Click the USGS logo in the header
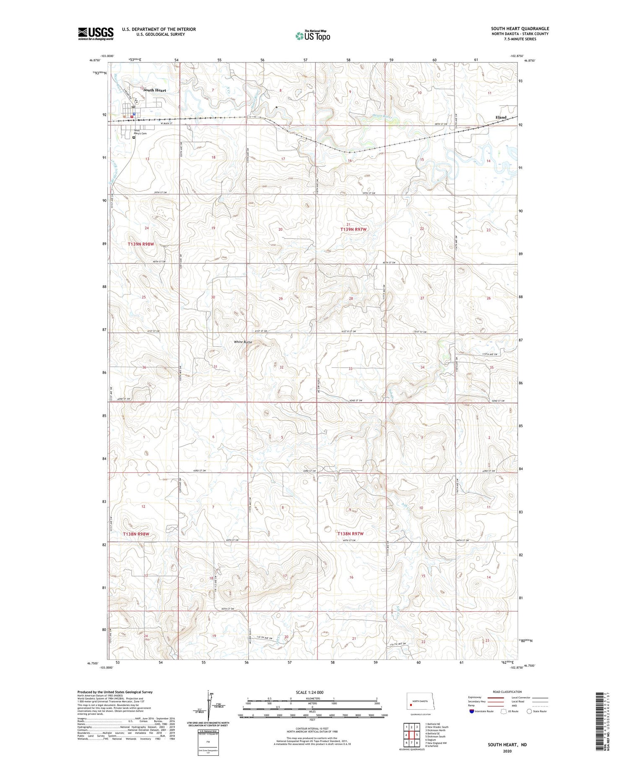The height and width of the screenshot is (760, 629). [x=96, y=34]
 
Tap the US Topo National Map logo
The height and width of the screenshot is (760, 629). [x=312, y=36]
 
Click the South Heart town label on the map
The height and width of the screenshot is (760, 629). [x=155, y=90]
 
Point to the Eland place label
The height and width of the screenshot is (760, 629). [x=501, y=117]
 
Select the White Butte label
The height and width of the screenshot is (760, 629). [x=243, y=342]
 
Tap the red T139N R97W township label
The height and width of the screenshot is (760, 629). [x=353, y=229]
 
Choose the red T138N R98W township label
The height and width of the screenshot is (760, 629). [x=136, y=534]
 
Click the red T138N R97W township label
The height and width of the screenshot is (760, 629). [x=350, y=534]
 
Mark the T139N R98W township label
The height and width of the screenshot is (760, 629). [x=141, y=244]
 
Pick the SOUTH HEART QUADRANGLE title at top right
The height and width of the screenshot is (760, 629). [x=520, y=29]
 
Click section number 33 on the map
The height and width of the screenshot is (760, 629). [x=351, y=368]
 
